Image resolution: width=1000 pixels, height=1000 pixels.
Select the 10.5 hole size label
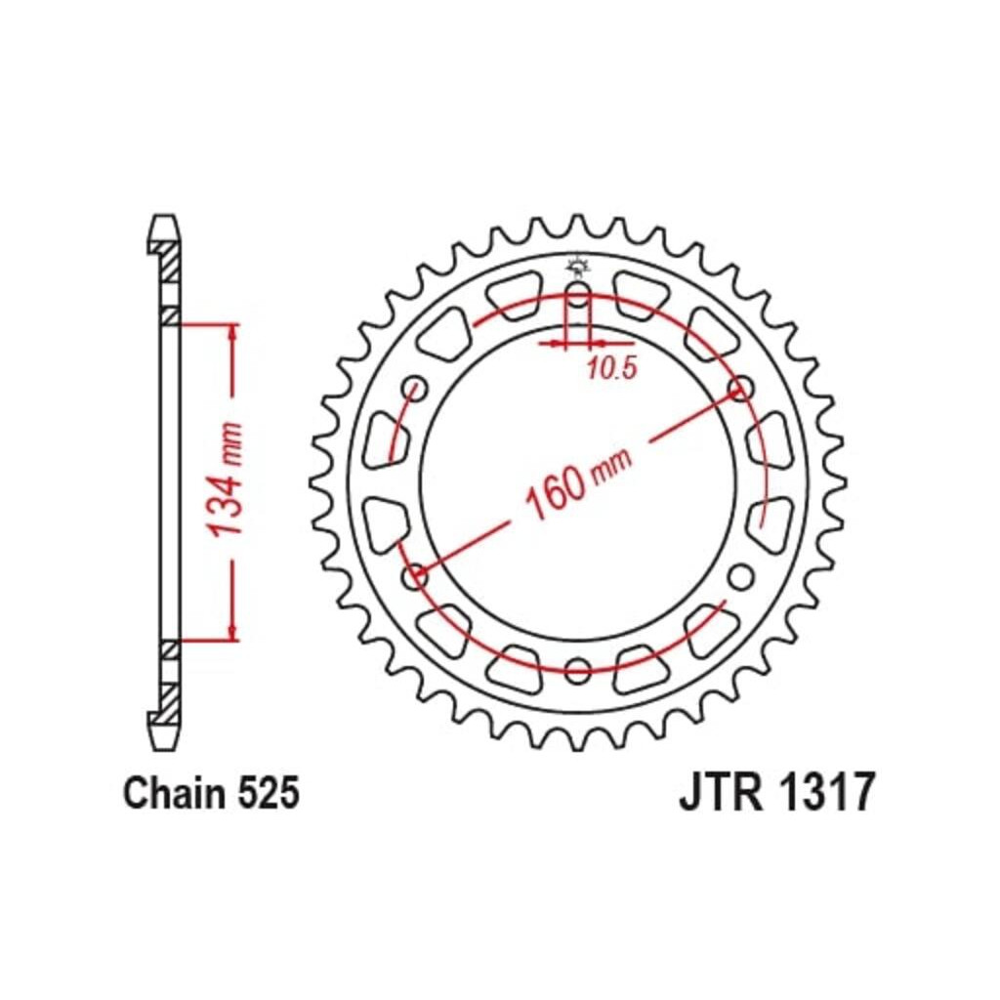612,368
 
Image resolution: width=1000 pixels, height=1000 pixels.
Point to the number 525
269,794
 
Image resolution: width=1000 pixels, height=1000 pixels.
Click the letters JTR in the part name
721,793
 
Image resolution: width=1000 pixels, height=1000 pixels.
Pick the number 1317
826,793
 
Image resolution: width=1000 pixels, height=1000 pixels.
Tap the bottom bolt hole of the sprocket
578,670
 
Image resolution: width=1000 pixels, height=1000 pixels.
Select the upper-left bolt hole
415,388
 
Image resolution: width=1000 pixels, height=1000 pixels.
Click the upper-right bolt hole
741,388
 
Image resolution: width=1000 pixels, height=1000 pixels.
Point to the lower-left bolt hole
415,577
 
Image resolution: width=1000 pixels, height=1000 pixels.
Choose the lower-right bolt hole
741,577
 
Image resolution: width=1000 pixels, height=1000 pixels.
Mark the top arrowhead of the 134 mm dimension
233,332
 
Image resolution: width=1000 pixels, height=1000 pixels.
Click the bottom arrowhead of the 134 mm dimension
233,632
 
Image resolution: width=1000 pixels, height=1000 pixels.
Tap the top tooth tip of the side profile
163,216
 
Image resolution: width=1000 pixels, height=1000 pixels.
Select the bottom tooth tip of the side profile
163,749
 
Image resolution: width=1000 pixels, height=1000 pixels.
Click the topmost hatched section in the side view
170,262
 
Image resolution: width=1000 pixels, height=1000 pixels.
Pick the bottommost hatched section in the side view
170,703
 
